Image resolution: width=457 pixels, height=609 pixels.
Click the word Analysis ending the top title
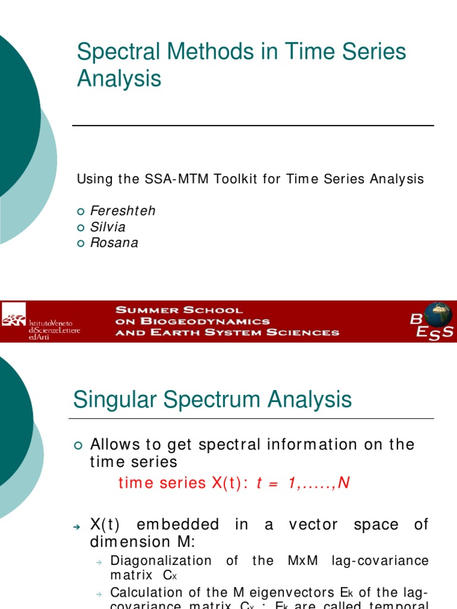click(x=119, y=79)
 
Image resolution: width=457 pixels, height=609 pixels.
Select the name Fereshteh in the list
click(x=123, y=211)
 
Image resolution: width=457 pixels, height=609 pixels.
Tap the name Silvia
click(x=108, y=227)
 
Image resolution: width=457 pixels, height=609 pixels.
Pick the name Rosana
click(x=114, y=243)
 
